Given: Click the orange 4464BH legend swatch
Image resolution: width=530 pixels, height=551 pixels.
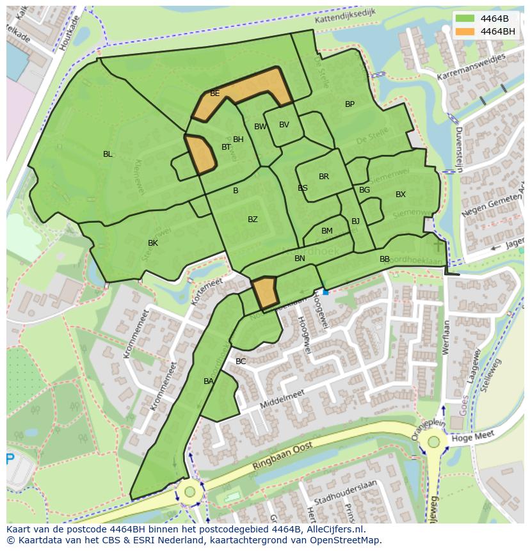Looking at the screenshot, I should point(465,31).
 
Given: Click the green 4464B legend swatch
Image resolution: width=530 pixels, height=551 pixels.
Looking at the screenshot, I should point(465,18).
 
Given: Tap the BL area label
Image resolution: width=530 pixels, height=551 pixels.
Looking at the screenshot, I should point(108,154).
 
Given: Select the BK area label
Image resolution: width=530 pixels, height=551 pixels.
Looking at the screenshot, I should point(153,243).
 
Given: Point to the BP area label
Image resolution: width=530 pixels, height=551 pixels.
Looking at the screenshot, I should point(349,104).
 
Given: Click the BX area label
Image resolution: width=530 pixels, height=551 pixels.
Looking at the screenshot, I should point(400,195).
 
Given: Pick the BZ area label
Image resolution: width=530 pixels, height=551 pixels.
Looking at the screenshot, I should point(253,220).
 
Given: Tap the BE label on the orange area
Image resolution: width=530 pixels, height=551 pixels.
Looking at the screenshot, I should point(215,93).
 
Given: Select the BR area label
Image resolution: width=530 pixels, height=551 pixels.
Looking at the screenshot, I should point(324,177).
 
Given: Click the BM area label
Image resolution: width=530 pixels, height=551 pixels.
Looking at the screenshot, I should point(327,231).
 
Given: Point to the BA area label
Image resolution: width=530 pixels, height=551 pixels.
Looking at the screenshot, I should point(209,381).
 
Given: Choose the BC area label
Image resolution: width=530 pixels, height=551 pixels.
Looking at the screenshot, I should point(241,362).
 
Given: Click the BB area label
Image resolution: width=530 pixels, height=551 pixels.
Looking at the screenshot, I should point(385,259).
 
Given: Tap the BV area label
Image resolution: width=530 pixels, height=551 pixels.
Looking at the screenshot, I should point(284,125).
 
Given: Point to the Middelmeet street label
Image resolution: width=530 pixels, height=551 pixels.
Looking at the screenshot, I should point(282,401).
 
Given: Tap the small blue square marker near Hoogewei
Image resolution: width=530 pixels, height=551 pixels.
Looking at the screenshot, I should point(326,292).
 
